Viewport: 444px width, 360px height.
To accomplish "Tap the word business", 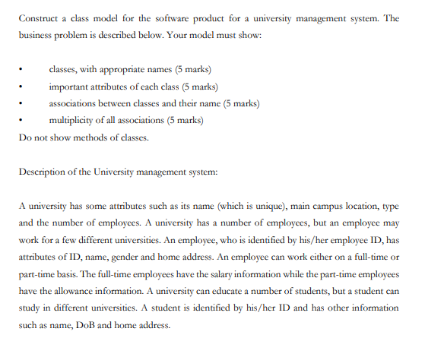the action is tap(38, 36).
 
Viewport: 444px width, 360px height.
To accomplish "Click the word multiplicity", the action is tap(73, 119).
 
